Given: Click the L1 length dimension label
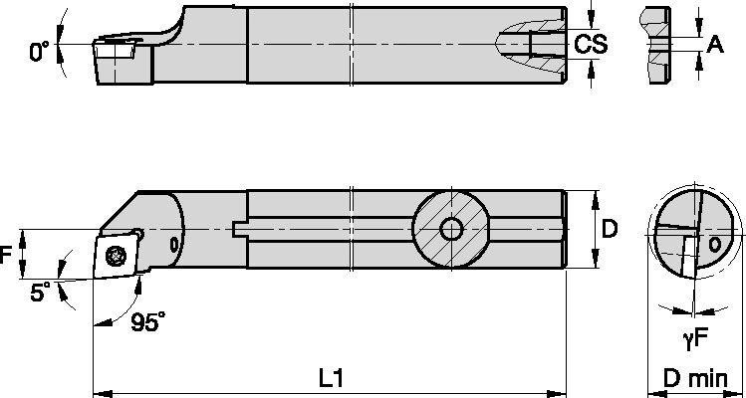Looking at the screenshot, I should click(x=331, y=378).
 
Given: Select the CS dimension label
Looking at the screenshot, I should click(x=592, y=44).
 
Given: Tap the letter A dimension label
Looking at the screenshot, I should click(x=713, y=43).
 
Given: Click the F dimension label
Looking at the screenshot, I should click(x=7, y=255).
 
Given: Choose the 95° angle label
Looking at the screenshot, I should click(x=148, y=321).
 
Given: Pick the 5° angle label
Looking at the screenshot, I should click(x=39, y=294).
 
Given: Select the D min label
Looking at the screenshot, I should click(x=694, y=379).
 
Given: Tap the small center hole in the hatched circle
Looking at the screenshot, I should click(x=451, y=229).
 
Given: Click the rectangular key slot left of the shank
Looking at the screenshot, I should click(x=240, y=229).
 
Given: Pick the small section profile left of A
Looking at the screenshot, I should click(x=654, y=46).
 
